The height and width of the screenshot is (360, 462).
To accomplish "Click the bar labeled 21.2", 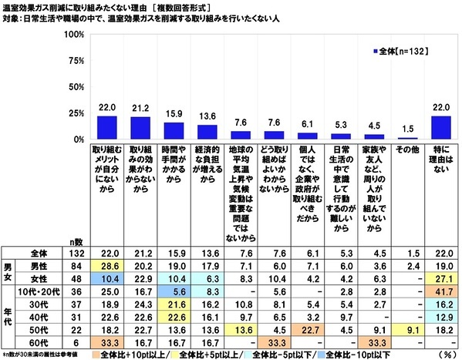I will coord(141,128).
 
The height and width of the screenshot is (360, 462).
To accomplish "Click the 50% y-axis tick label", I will coord(75,88).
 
